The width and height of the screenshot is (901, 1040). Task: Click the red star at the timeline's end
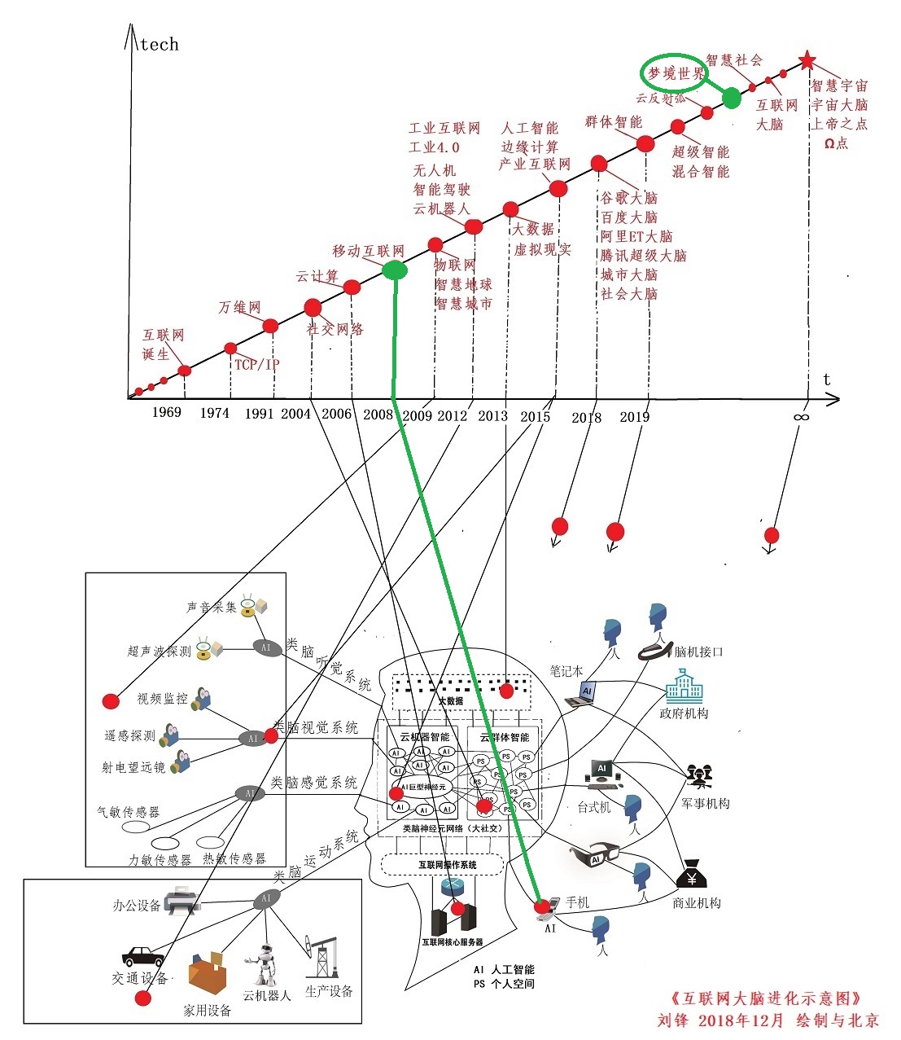point(807,60)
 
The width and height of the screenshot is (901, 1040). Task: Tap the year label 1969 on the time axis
point(166,412)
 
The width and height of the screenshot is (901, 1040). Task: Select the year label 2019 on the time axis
point(635,417)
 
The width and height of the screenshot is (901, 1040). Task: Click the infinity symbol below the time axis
point(801,417)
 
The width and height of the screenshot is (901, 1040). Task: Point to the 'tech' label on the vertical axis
point(159,44)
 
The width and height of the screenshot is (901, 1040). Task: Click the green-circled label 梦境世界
point(676,73)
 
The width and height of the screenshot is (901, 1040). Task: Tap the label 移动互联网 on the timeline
point(368,251)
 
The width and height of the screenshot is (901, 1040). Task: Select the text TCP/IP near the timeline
point(256,364)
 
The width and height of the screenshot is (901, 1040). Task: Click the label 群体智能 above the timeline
point(613,122)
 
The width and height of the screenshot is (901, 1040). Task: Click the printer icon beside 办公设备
point(182,901)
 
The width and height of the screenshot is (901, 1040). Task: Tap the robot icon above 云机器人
point(264,966)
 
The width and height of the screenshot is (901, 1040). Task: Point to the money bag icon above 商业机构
point(691,875)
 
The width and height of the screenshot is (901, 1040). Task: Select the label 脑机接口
point(699,652)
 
